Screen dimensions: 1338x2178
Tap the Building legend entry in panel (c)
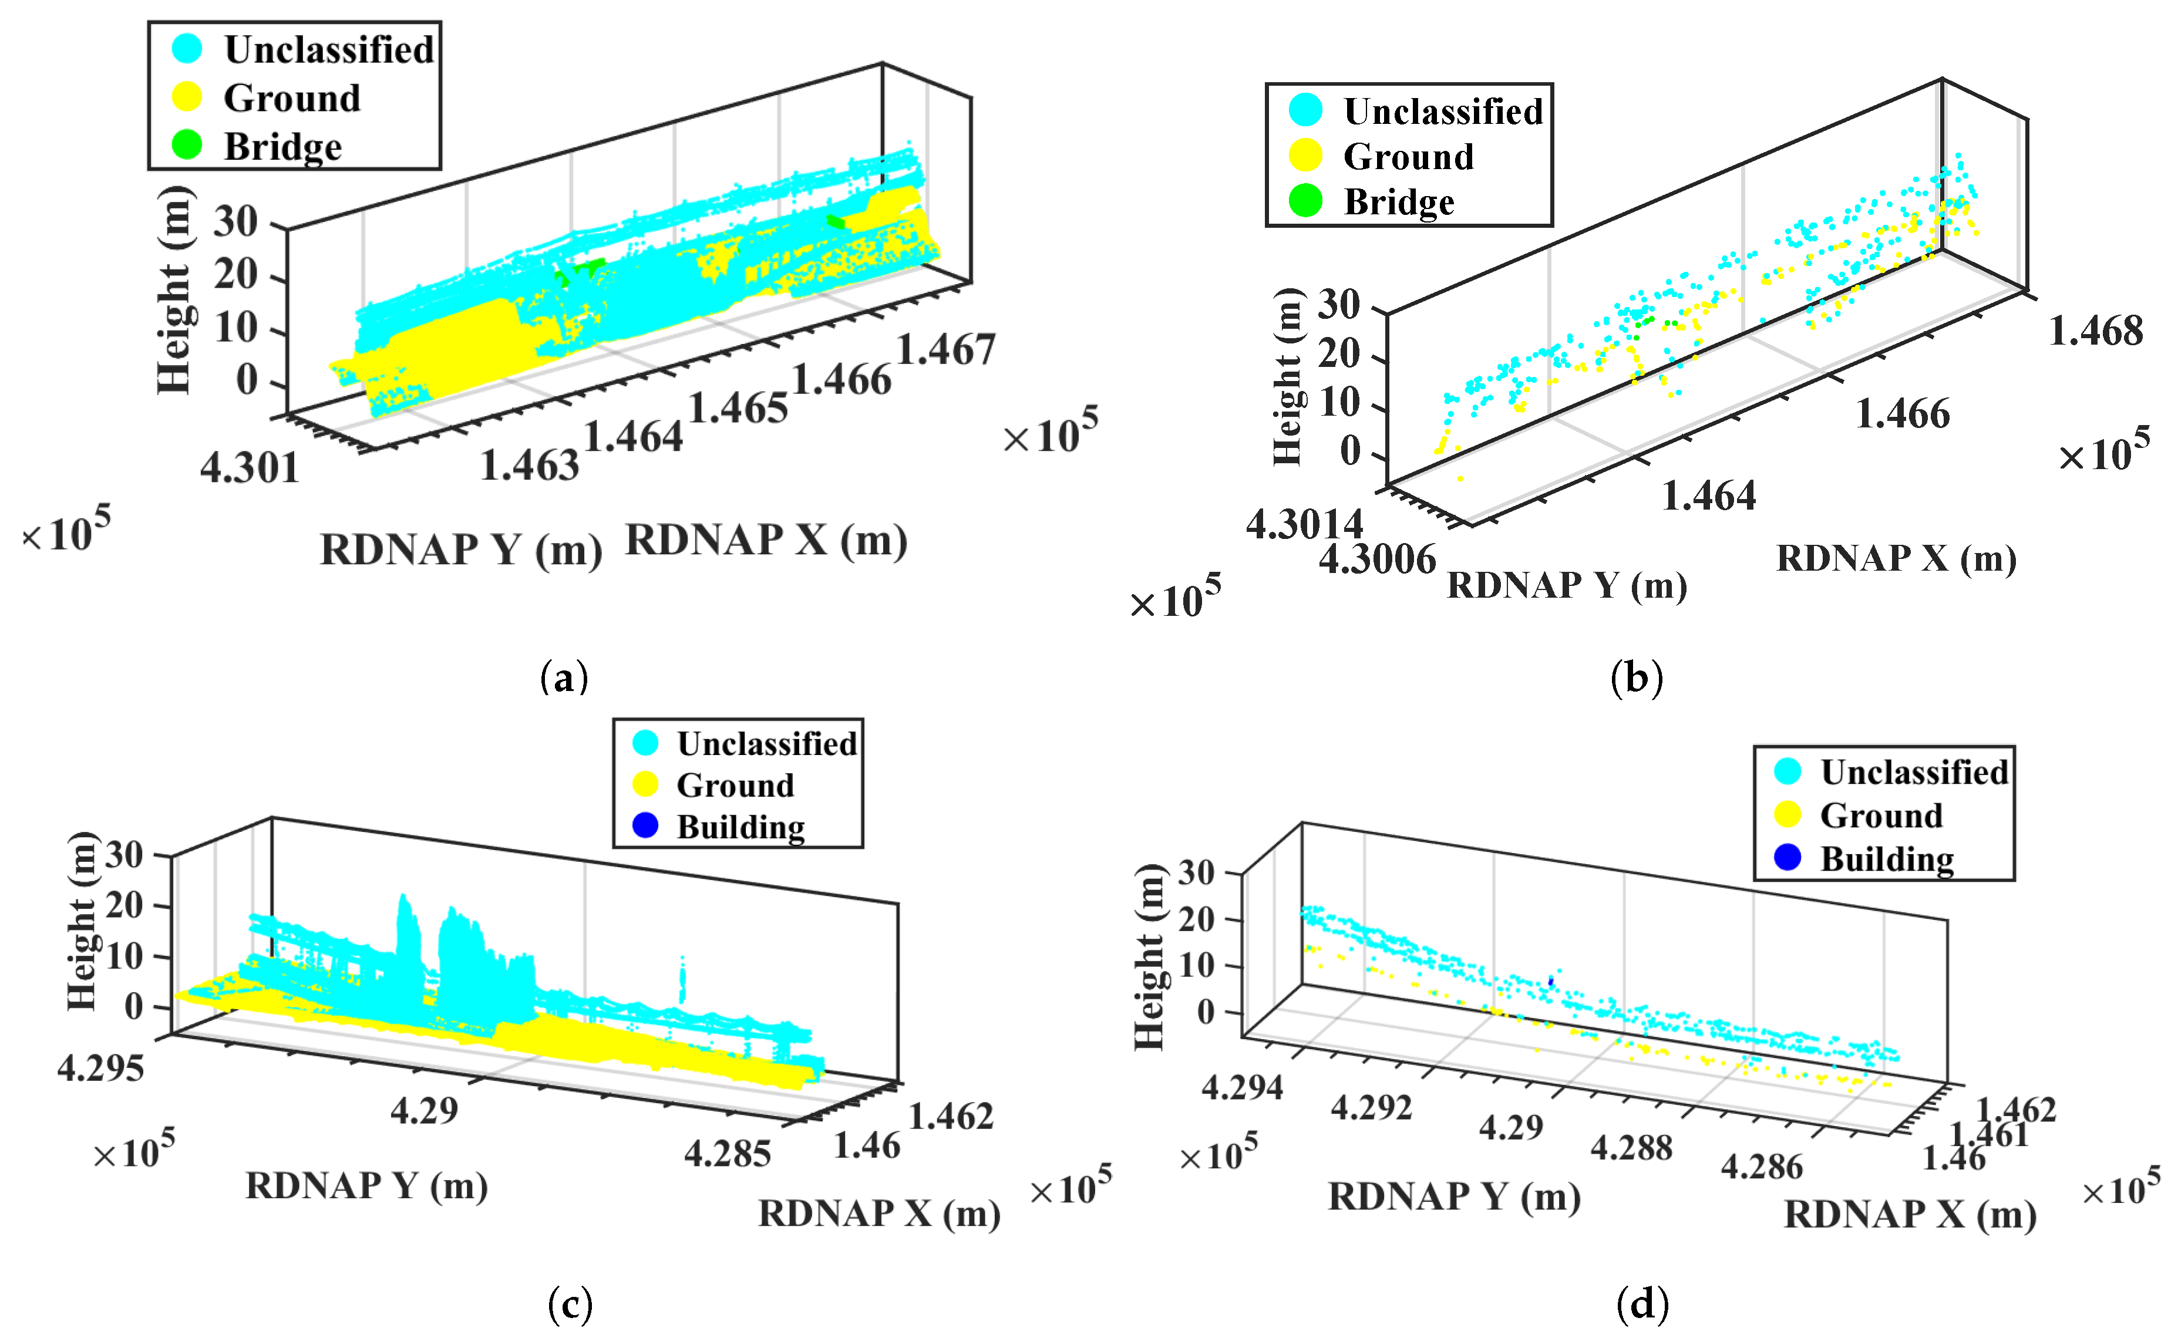click(x=740, y=827)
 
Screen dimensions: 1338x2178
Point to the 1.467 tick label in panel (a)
click(x=946, y=349)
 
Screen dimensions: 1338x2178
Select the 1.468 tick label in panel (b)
click(x=2096, y=331)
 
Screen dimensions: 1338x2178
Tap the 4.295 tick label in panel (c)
click(x=100, y=1068)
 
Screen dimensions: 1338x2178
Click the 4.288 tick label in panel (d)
click(x=1631, y=1148)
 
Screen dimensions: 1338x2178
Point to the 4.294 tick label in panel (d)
click(x=1241, y=1086)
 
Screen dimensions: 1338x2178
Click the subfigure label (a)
click(x=564, y=678)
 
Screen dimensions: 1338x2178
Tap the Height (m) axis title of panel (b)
click(x=1288, y=377)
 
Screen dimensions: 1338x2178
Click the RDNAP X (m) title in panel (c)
click(x=879, y=1213)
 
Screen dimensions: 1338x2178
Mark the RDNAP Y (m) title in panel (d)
click(x=1454, y=1197)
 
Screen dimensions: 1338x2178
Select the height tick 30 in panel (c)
click(x=124, y=855)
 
